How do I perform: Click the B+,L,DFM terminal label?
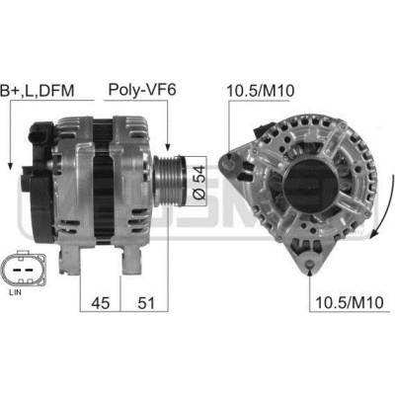(38, 91)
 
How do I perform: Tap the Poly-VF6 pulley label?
(142, 90)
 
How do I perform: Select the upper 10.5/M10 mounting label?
(261, 91)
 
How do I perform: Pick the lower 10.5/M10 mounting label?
(350, 302)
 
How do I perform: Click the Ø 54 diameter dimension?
(199, 182)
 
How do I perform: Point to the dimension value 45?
(101, 302)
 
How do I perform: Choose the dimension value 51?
(146, 302)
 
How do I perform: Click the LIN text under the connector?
(15, 292)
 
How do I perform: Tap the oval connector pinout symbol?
(23, 269)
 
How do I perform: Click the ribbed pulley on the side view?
(170, 181)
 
